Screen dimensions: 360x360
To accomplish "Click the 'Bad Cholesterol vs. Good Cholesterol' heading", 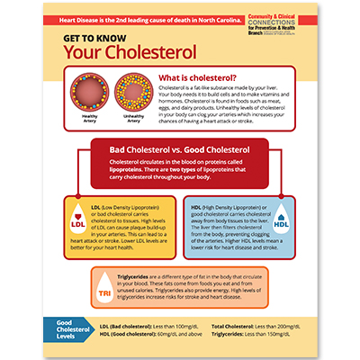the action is coord(180,142).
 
